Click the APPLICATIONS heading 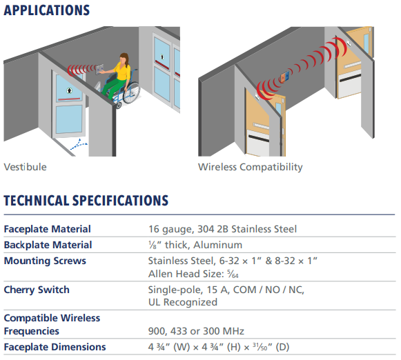pyautogui.click(x=47, y=10)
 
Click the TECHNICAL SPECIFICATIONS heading pyautogui.click(x=86, y=201)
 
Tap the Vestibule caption pyautogui.click(x=25, y=167)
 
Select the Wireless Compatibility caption pyautogui.click(x=250, y=167)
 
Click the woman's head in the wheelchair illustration pyautogui.click(x=124, y=59)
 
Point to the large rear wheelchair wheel pyautogui.click(x=131, y=92)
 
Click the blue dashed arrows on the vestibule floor pyautogui.click(x=79, y=145)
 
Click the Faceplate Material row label pyautogui.click(x=48, y=229)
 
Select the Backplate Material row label pyautogui.click(x=48, y=245)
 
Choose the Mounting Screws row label pyautogui.click(x=45, y=261)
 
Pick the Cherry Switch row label pyautogui.click(x=37, y=290)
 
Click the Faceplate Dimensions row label pyautogui.click(x=55, y=347)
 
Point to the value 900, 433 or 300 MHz pyautogui.click(x=196, y=332)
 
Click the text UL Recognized pyautogui.click(x=183, y=302)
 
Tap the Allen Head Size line pyautogui.click(x=193, y=274)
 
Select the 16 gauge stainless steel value pyautogui.click(x=222, y=229)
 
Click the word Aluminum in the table pyautogui.click(x=217, y=245)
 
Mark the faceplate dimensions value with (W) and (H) pyautogui.click(x=219, y=347)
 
